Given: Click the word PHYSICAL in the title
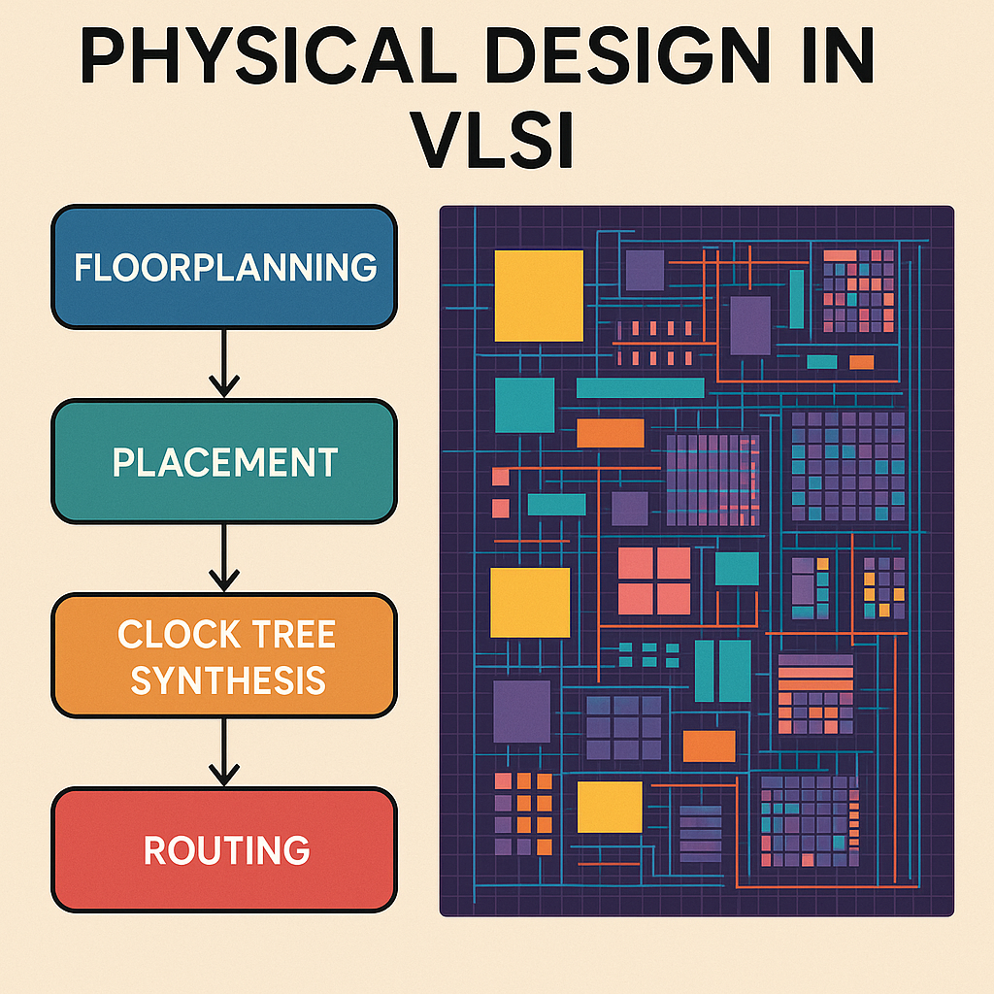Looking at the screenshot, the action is [268, 55].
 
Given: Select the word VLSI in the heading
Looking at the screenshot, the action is [493, 140].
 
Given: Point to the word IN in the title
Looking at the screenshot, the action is [838, 55].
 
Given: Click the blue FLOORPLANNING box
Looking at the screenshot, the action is [224, 267].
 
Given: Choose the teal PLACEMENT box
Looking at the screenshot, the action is [224, 461].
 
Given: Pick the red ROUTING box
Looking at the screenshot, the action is [224, 849].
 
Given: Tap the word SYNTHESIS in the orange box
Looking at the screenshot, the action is [228, 680].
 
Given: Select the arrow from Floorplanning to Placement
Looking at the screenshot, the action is [224, 364].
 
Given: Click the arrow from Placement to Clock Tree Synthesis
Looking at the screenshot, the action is [224, 558].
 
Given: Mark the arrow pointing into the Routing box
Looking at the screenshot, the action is [224, 752].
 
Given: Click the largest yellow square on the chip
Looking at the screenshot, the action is [539, 296].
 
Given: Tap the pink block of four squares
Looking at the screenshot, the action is [654, 580].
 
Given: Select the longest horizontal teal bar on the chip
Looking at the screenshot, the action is [641, 388].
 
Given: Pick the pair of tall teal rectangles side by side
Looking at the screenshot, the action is [722, 671].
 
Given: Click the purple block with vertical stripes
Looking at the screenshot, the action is [712, 480].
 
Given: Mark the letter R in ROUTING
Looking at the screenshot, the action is [154, 850].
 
